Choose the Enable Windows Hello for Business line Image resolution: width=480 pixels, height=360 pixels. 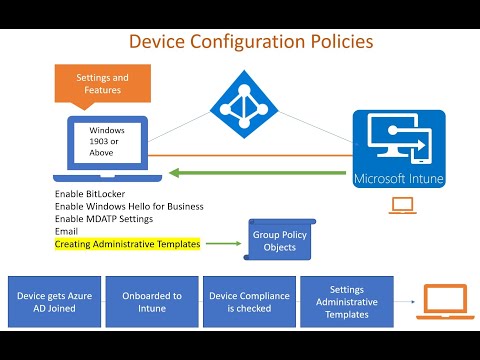(x=129, y=206)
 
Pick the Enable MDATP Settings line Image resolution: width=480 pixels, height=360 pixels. (x=106, y=218)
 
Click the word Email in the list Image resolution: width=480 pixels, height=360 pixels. (x=67, y=231)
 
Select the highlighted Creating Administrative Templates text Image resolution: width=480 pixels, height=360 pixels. (x=127, y=243)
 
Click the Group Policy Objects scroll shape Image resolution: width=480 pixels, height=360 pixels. (x=273, y=241)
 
